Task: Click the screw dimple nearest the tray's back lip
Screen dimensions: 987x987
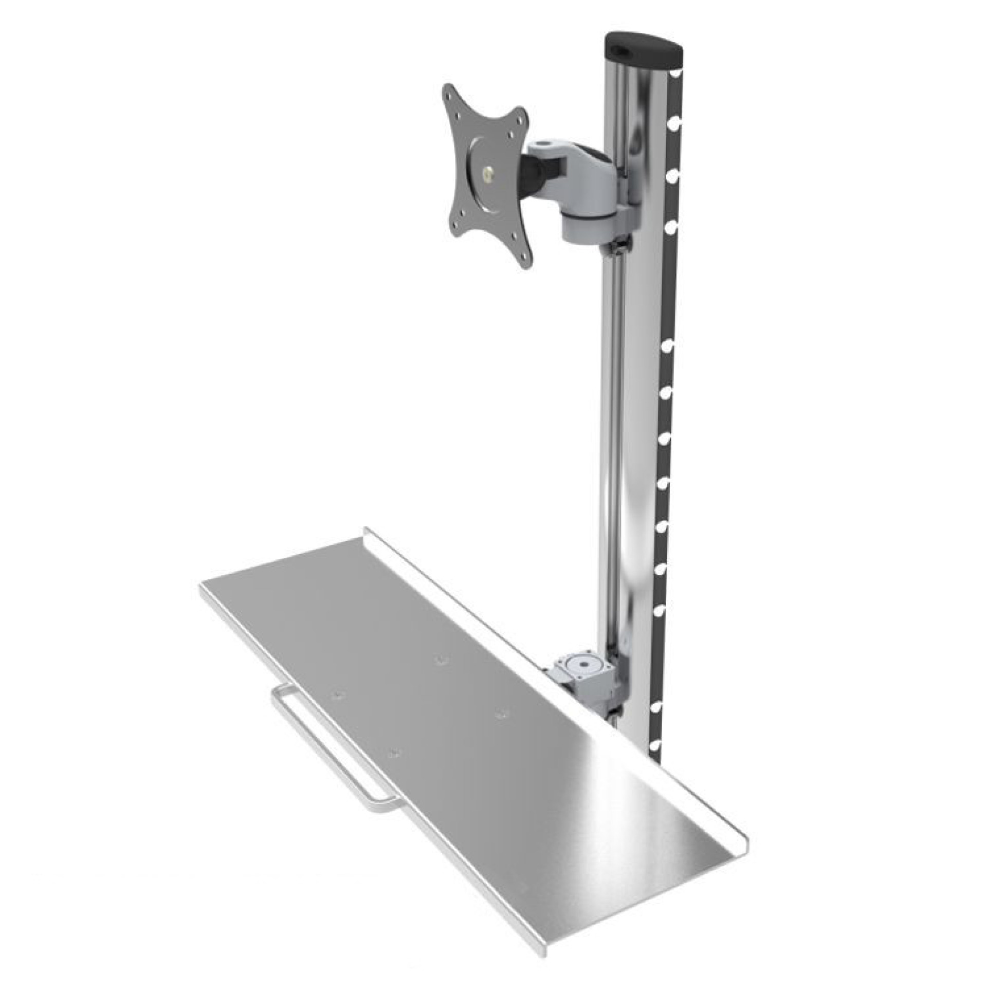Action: [x=440, y=660]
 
